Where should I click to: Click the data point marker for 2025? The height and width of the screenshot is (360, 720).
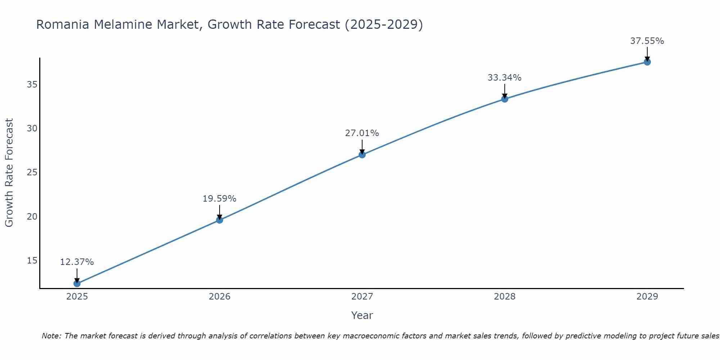click(x=77, y=284)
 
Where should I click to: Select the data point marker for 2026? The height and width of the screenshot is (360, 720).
click(x=220, y=220)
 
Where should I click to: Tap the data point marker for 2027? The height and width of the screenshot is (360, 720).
click(x=362, y=155)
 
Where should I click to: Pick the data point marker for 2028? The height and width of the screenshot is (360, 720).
click(x=505, y=99)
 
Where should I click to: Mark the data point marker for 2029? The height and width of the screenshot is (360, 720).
click(x=647, y=62)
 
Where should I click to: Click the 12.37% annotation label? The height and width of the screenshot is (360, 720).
click(x=77, y=262)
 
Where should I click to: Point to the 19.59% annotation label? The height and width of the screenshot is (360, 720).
click(x=219, y=199)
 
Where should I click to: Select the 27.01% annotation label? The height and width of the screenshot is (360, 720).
click(x=362, y=133)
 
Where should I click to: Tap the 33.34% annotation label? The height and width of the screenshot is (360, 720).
click(x=504, y=78)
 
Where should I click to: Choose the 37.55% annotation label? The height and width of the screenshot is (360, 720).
click(x=647, y=41)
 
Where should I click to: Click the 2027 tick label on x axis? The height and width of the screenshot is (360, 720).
click(x=362, y=297)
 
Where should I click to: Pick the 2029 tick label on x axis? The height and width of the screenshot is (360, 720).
click(x=647, y=297)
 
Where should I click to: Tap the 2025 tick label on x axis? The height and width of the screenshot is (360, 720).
click(x=77, y=297)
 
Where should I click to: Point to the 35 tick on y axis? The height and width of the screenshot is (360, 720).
click(x=32, y=85)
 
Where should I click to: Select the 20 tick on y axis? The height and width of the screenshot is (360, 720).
click(x=32, y=216)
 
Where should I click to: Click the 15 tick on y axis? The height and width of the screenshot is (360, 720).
click(x=32, y=260)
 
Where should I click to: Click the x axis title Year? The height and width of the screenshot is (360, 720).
click(x=362, y=315)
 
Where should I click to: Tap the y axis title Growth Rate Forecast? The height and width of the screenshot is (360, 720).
click(x=9, y=173)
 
